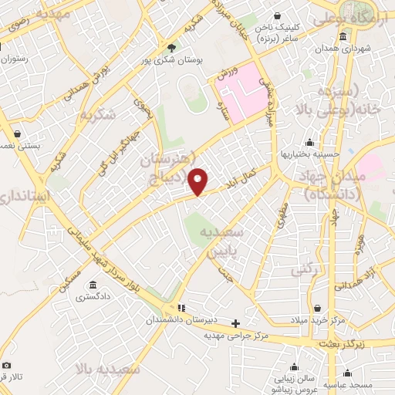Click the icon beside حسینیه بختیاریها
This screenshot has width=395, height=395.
[x=309, y=142]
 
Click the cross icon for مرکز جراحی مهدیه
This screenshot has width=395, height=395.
[x=235, y=323]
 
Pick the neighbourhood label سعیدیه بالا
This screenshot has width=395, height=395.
[x=109, y=369]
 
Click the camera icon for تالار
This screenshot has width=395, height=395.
[x=7, y=365]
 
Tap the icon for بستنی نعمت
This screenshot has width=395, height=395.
[x=17, y=133]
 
